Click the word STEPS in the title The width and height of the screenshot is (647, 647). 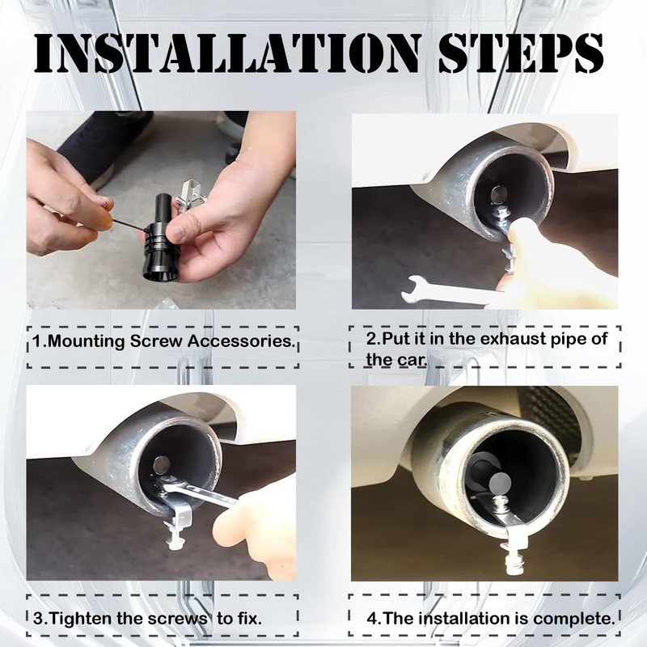[x=521, y=53]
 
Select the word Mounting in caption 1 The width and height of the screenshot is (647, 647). [x=87, y=341]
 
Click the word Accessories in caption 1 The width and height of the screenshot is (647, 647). [x=242, y=341]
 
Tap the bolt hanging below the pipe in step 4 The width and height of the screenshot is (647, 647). [x=514, y=558]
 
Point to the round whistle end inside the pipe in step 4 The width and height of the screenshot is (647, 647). [x=500, y=482]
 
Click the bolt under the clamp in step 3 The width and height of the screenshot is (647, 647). [x=175, y=536]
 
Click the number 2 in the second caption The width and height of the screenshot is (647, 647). [x=371, y=339]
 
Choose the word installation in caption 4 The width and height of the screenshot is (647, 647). [x=463, y=619]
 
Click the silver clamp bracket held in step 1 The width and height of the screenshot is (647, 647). [x=191, y=194]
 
